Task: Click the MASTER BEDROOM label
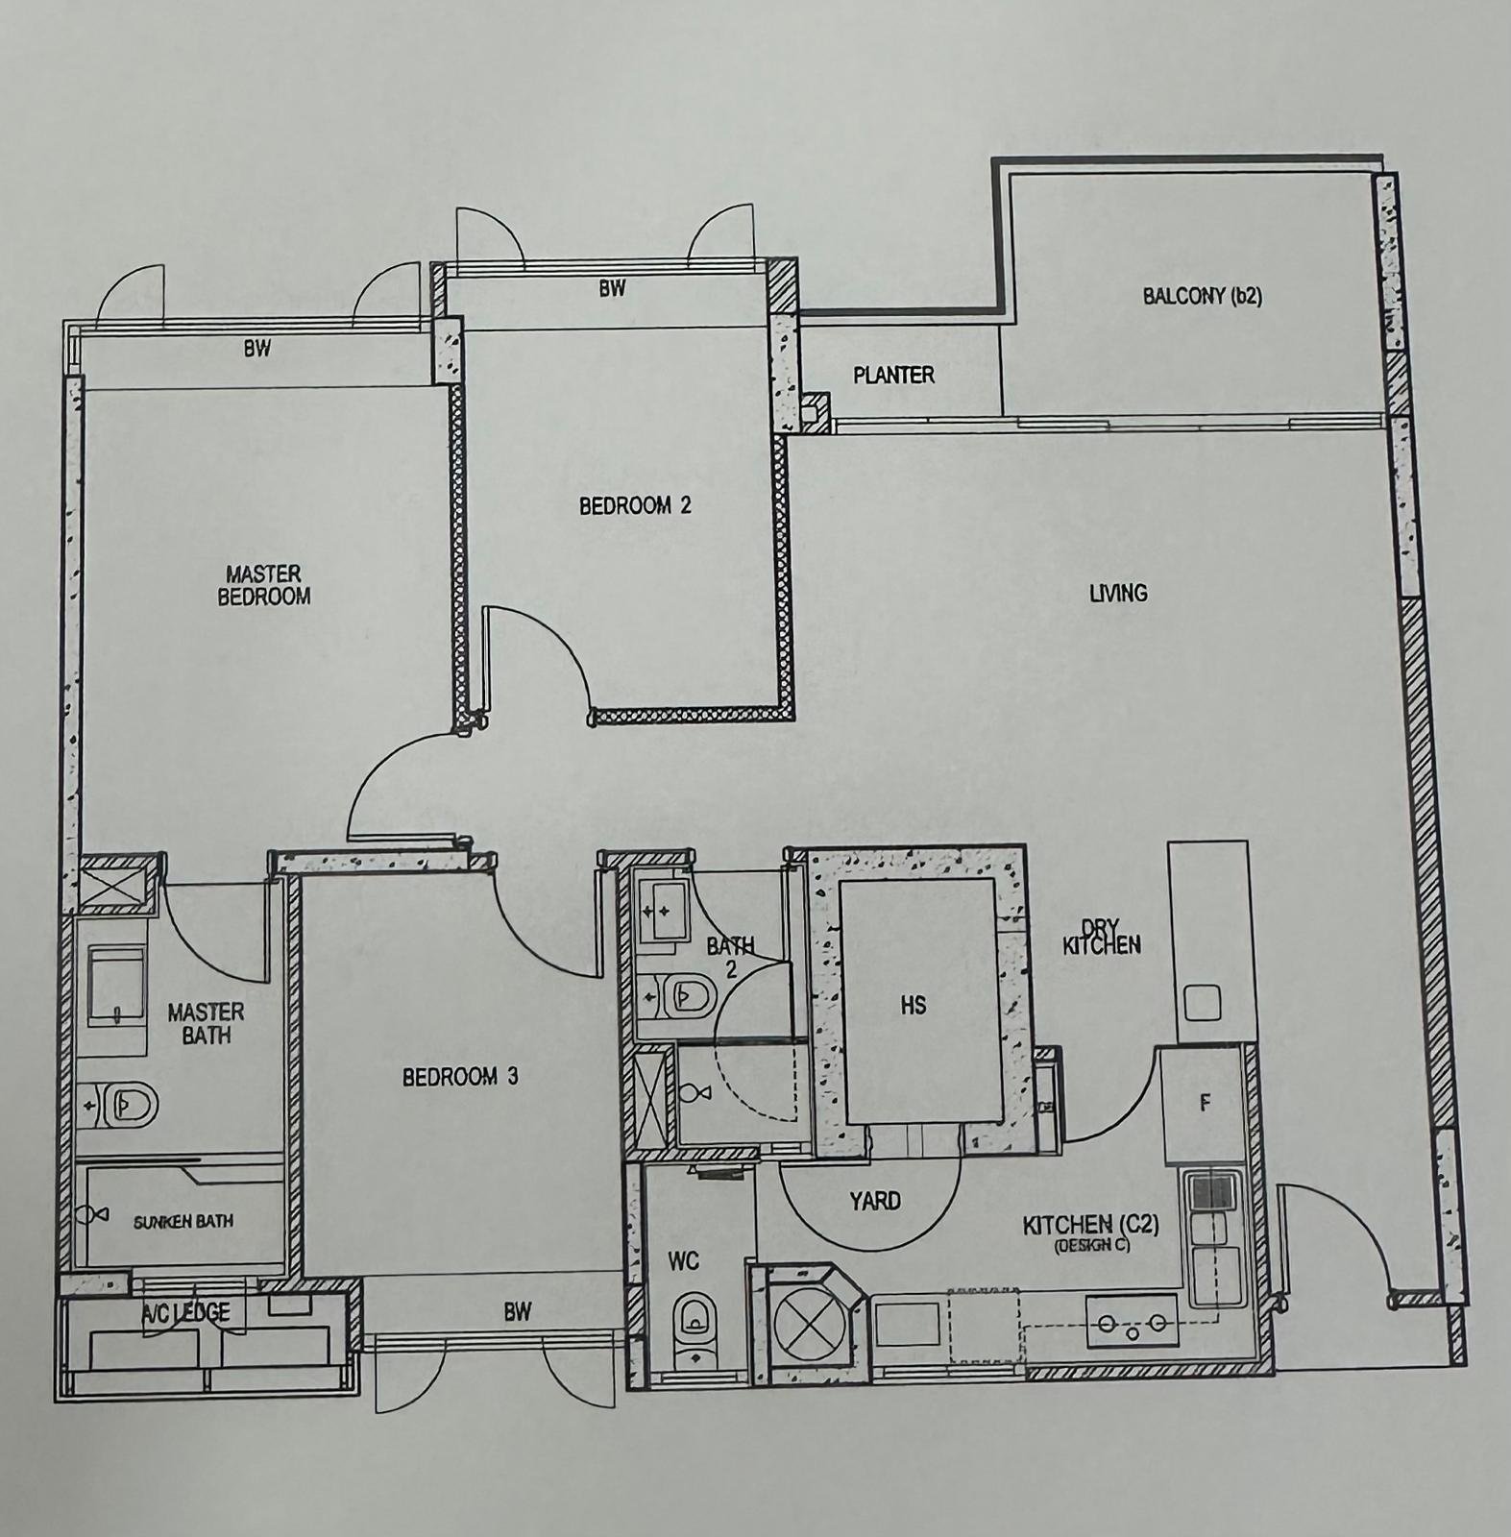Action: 264,585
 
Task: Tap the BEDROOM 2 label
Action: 635,505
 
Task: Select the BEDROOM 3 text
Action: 460,1077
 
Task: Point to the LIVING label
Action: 1118,593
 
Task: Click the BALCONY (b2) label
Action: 1203,296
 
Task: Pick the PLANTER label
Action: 893,375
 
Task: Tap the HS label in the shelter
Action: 914,1005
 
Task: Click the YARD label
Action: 875,1201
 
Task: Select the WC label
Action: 683,1260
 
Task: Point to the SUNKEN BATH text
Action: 183,1222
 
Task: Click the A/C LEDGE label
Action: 185,1312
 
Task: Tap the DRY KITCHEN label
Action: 1102,937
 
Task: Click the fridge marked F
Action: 1205,1105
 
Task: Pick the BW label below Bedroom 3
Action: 517,1312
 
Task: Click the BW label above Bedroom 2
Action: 613,288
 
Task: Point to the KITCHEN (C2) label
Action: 1091,1226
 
